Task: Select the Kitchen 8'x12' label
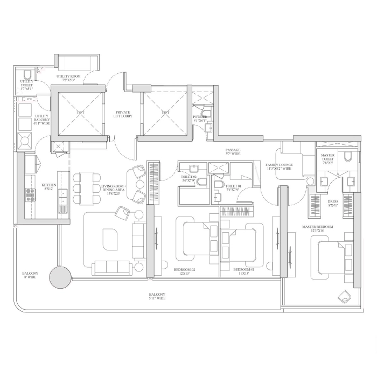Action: (48, 187)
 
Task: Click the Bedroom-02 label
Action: (185, 270)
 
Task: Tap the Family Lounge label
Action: (278, 166)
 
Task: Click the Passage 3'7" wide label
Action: (233, 152)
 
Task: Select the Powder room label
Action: (200, 118)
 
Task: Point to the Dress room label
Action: (333, 203)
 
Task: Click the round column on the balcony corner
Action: (60, 278)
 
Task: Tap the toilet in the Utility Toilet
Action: (27, 75)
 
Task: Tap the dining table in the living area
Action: (86, 187)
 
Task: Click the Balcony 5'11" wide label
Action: (157, 296)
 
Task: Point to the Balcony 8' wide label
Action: (30, 275)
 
